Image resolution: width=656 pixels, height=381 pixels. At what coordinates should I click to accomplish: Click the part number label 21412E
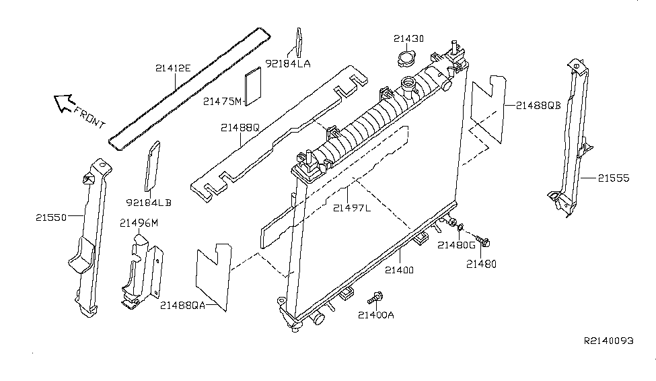[x=173, y=67]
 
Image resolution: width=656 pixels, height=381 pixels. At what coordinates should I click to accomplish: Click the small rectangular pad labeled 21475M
[x=252, y=86]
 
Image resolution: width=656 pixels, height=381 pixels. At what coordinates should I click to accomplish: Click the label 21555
[x=612, y=178]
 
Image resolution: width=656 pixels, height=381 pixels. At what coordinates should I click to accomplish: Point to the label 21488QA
[x=183, y=305]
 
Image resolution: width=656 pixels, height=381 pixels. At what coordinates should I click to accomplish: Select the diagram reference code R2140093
[x=608, y=341]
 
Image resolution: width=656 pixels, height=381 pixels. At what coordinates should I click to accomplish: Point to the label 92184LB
[x=149, y=201]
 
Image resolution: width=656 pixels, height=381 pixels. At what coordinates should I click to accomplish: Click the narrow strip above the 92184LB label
[x=152, y=167]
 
